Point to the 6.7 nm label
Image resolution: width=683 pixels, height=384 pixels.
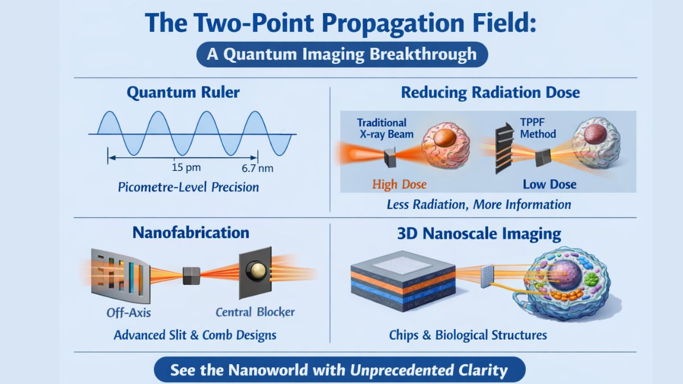click(x=257, y=168)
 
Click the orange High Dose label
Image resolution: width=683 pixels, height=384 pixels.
click(x=399, y=184)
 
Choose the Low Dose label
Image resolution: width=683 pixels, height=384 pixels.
click(x=549, y=184)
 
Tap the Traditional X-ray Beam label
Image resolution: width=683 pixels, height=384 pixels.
click(x=382, y=128)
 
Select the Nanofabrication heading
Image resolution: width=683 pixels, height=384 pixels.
click(x=191, y=232)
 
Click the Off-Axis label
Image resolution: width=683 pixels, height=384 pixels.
click(x=129, y=312)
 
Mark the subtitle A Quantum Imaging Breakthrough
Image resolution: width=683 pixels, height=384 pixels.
click(x=341, y=55)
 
